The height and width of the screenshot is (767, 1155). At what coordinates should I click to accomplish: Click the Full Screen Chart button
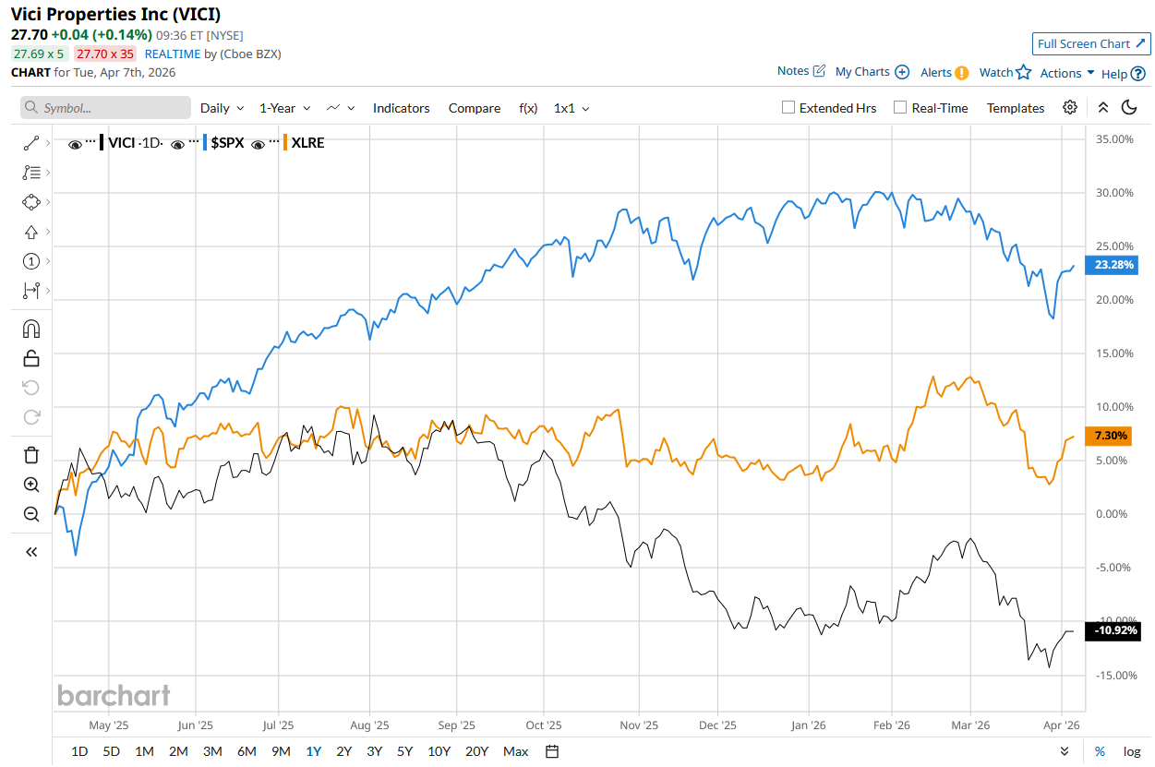(x=1091, y=43)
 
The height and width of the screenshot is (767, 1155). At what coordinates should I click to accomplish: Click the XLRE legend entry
(x=307, y=143)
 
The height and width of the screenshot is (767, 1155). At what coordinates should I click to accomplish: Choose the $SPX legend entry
(x=226, y=143)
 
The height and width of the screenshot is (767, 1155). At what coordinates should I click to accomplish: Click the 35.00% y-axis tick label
(x=1113, y=139)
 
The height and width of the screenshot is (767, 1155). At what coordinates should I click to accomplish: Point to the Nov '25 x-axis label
(x=639, y=725)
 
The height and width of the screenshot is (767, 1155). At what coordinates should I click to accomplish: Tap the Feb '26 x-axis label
(x=892, y=725)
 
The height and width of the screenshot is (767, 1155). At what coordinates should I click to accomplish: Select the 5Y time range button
(x=404, y=751)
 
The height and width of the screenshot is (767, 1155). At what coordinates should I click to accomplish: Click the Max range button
(x=516, y=751)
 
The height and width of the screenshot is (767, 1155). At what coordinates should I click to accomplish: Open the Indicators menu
(x=401, y=108)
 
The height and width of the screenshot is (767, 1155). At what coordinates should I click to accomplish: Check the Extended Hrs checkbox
(x=788, y=107)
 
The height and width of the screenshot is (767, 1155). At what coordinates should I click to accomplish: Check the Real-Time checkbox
(x=900, y=107)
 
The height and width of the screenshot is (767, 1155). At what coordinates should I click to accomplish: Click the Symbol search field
(x=106, y=108)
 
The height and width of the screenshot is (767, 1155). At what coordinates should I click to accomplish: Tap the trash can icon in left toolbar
(x=31, y=455)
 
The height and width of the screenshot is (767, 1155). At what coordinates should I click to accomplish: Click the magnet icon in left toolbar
(x=31, y=330)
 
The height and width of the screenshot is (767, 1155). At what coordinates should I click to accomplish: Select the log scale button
(x=1132, y=751)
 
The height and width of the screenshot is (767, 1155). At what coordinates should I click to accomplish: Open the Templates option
(x=1016, y=108)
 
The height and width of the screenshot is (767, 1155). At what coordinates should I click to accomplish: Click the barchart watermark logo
(x=114, y=695)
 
